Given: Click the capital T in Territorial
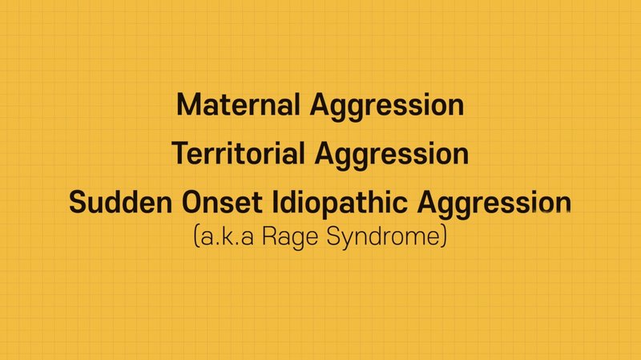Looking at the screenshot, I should point(179,153).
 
